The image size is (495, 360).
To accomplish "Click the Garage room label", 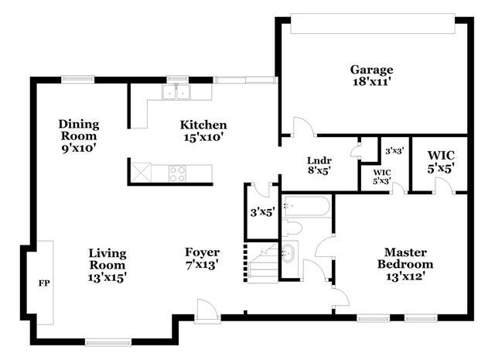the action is [371, 70].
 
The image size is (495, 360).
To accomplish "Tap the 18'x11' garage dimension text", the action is [371, 82].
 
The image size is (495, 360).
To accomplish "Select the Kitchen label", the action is [203, 125].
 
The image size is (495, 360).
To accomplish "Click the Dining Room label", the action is [79, 130].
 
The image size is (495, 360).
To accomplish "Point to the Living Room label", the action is [108, 259].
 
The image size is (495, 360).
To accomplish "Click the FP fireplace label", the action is [44, 283].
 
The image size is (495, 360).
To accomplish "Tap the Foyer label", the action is [202, 252].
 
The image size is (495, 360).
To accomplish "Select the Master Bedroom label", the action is [405, 259].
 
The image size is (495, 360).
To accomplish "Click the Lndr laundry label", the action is [319, 160].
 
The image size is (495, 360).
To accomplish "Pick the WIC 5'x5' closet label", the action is [441, 162].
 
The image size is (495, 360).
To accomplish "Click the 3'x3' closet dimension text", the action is [394, 151].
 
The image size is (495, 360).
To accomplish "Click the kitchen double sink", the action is [176, 92].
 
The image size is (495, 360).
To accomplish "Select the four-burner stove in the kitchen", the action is [177, 174].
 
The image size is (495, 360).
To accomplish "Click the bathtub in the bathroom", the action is [306, 207].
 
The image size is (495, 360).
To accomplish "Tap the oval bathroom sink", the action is [288, 252].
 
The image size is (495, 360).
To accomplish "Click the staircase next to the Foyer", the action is [263, 263].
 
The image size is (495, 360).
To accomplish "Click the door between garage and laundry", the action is [303, 127].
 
